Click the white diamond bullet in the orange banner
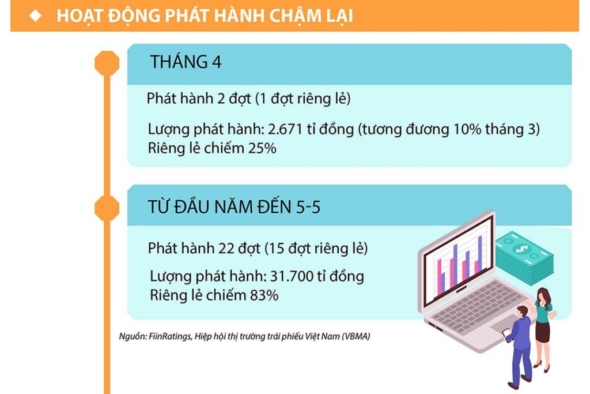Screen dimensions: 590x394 tap(35, 16)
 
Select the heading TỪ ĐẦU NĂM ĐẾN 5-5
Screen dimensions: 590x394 tap(234, 207)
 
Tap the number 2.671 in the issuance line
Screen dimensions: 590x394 tap(285, 129)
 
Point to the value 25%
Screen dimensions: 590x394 tap(262, 148)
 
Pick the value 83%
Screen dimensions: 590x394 tap(264, 295)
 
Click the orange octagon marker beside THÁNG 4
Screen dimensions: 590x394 tap(107, 63)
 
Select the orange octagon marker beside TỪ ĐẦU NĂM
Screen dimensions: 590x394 tap(107, 208)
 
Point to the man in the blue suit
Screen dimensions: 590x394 tap(520, 347)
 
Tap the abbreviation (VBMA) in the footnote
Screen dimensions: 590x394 tap(356, 336)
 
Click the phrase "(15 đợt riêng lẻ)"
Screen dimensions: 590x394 tap(316, 249)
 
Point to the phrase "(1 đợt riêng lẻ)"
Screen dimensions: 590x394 tap(303, 99)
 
